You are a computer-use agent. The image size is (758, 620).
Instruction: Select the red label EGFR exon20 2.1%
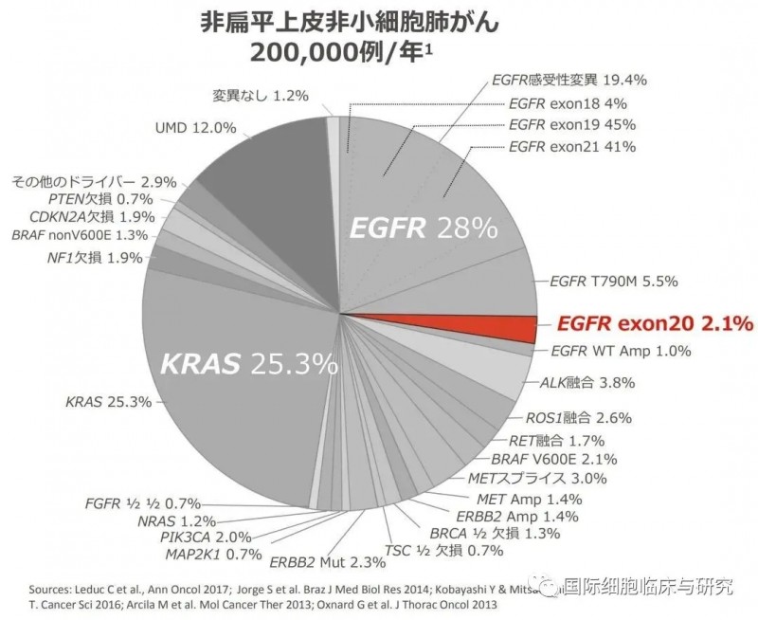click(x=655, y=324)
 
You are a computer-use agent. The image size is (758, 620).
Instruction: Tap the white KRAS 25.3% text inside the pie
click(x=248, y=362)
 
